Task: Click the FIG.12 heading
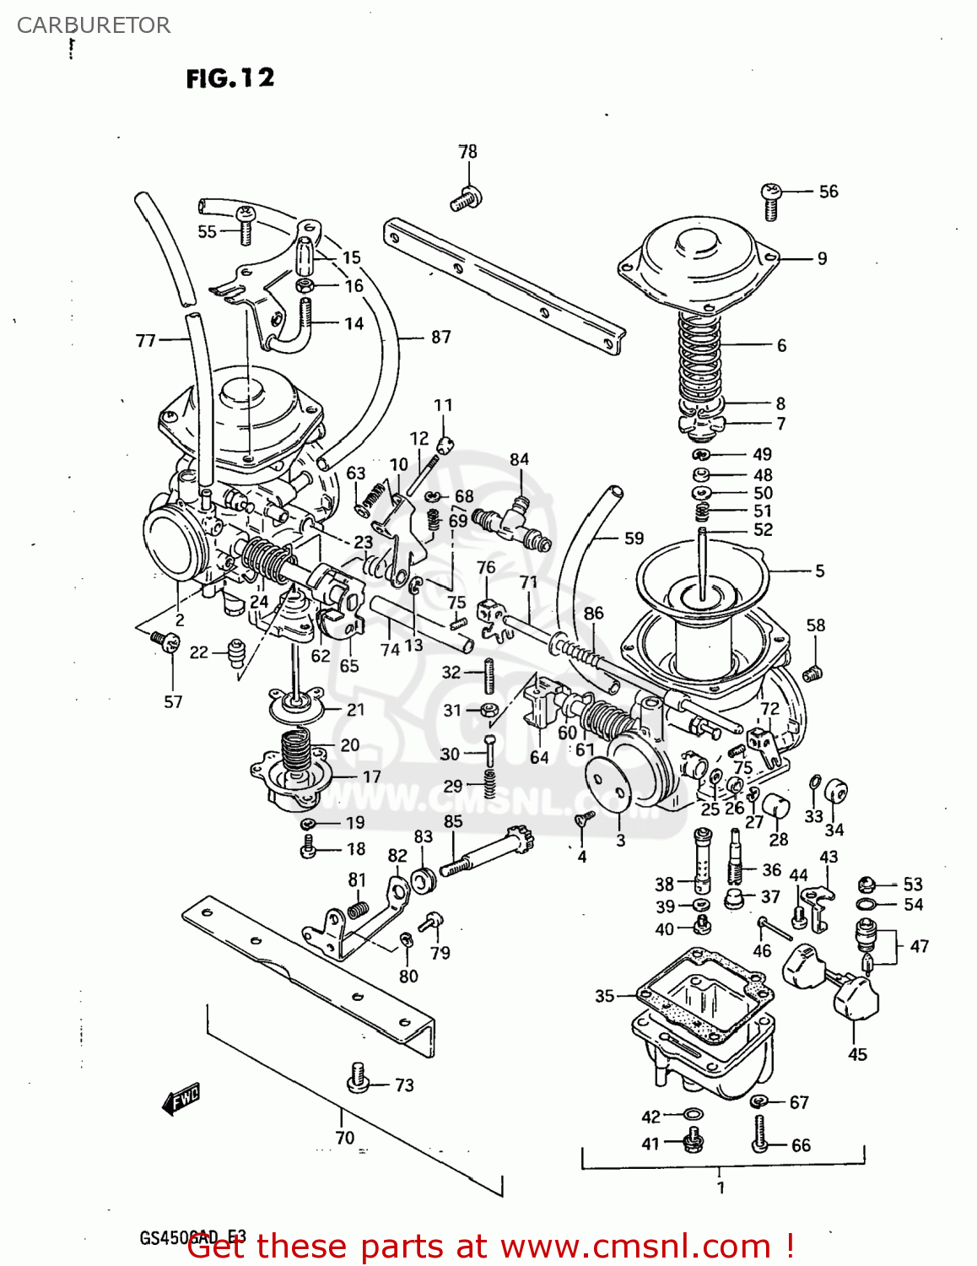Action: pyautogui.click(x=229, y=78)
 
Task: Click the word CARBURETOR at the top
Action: pyautogui.click(x=94, y=25)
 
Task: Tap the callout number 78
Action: pyautogui.click(x=467, y=152)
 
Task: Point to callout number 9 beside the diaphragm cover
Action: pyautogui.click(x=822, y=258)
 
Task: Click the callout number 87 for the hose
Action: pyautogui.click(x=440, y=337)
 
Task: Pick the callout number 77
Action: pyautogui.click(x=146, y=340)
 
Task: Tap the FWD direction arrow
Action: pyautogui.click(x=181, y=1099)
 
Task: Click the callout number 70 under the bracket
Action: pyautogui.click(x=345, y=1138)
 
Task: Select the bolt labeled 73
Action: pyautogui.click(x=359, y=1078)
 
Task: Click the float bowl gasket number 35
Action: pyautogui.click(x=604, y=996)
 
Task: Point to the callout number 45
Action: pyautogui.click(x=857, y=1054)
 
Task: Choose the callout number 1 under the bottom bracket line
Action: pyautogui.click(x=720, y=1188)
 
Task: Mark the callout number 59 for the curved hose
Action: pyautogui.click(x=634, y=538)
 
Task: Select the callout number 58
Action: pyautogui.click(x=815, y=625)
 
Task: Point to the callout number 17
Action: pyautogui.click(x=371, y=776)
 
